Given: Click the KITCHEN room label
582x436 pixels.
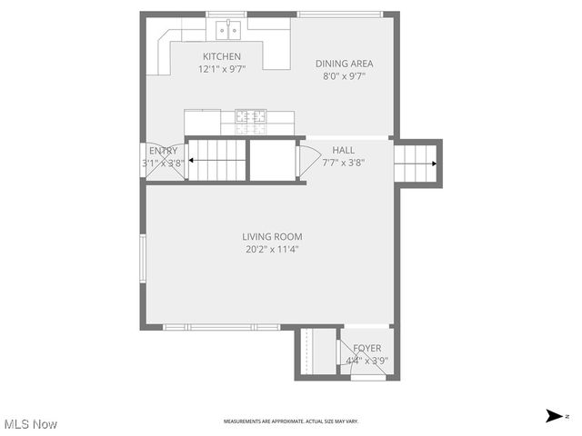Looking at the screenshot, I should [221, 56].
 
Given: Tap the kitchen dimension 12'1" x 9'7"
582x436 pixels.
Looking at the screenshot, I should [221, 69].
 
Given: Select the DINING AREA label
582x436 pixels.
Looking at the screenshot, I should [344, 64].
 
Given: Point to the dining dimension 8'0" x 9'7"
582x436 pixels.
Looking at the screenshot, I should [344, 76].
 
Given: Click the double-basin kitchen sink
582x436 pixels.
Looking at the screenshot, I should [227, 31].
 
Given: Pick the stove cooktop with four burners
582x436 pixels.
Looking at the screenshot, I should [251, 116].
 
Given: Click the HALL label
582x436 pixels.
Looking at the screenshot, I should [344, 150].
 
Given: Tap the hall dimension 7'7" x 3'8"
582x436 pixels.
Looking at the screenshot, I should [344, 163].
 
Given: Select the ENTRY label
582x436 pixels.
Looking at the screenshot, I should [164, 151].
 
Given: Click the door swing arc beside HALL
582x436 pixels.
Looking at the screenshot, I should [306, 160].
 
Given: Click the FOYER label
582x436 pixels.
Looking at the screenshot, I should [367, 348].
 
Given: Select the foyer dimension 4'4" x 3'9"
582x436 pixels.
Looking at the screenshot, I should [367, 361].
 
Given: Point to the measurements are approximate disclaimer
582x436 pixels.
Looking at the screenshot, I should [291, 421].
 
